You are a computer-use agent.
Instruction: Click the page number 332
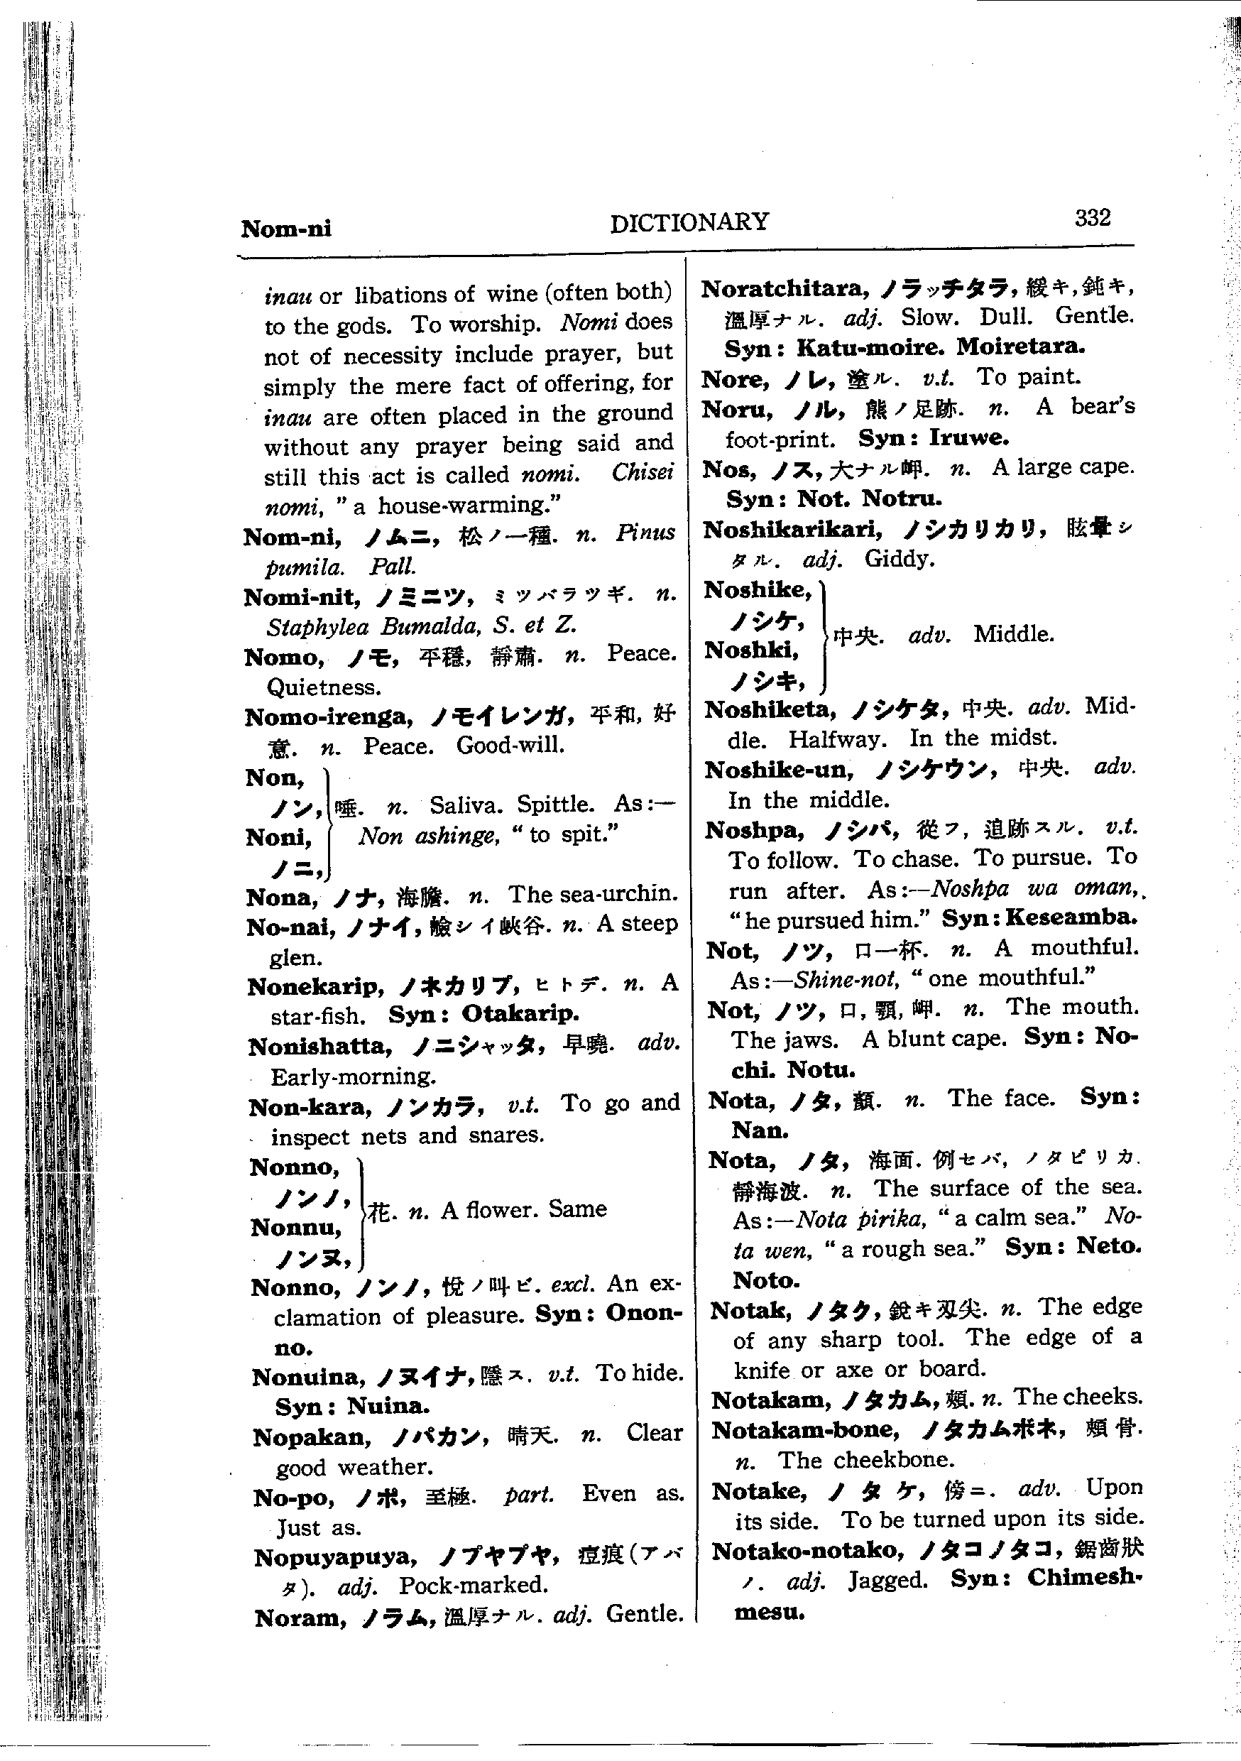(x=1092, y=219)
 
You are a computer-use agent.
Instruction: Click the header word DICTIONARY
(x=689, y=222)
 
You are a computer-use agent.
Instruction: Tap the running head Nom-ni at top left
(x=286, y=229)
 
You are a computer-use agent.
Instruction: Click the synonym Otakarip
(x=520, y=1014)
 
